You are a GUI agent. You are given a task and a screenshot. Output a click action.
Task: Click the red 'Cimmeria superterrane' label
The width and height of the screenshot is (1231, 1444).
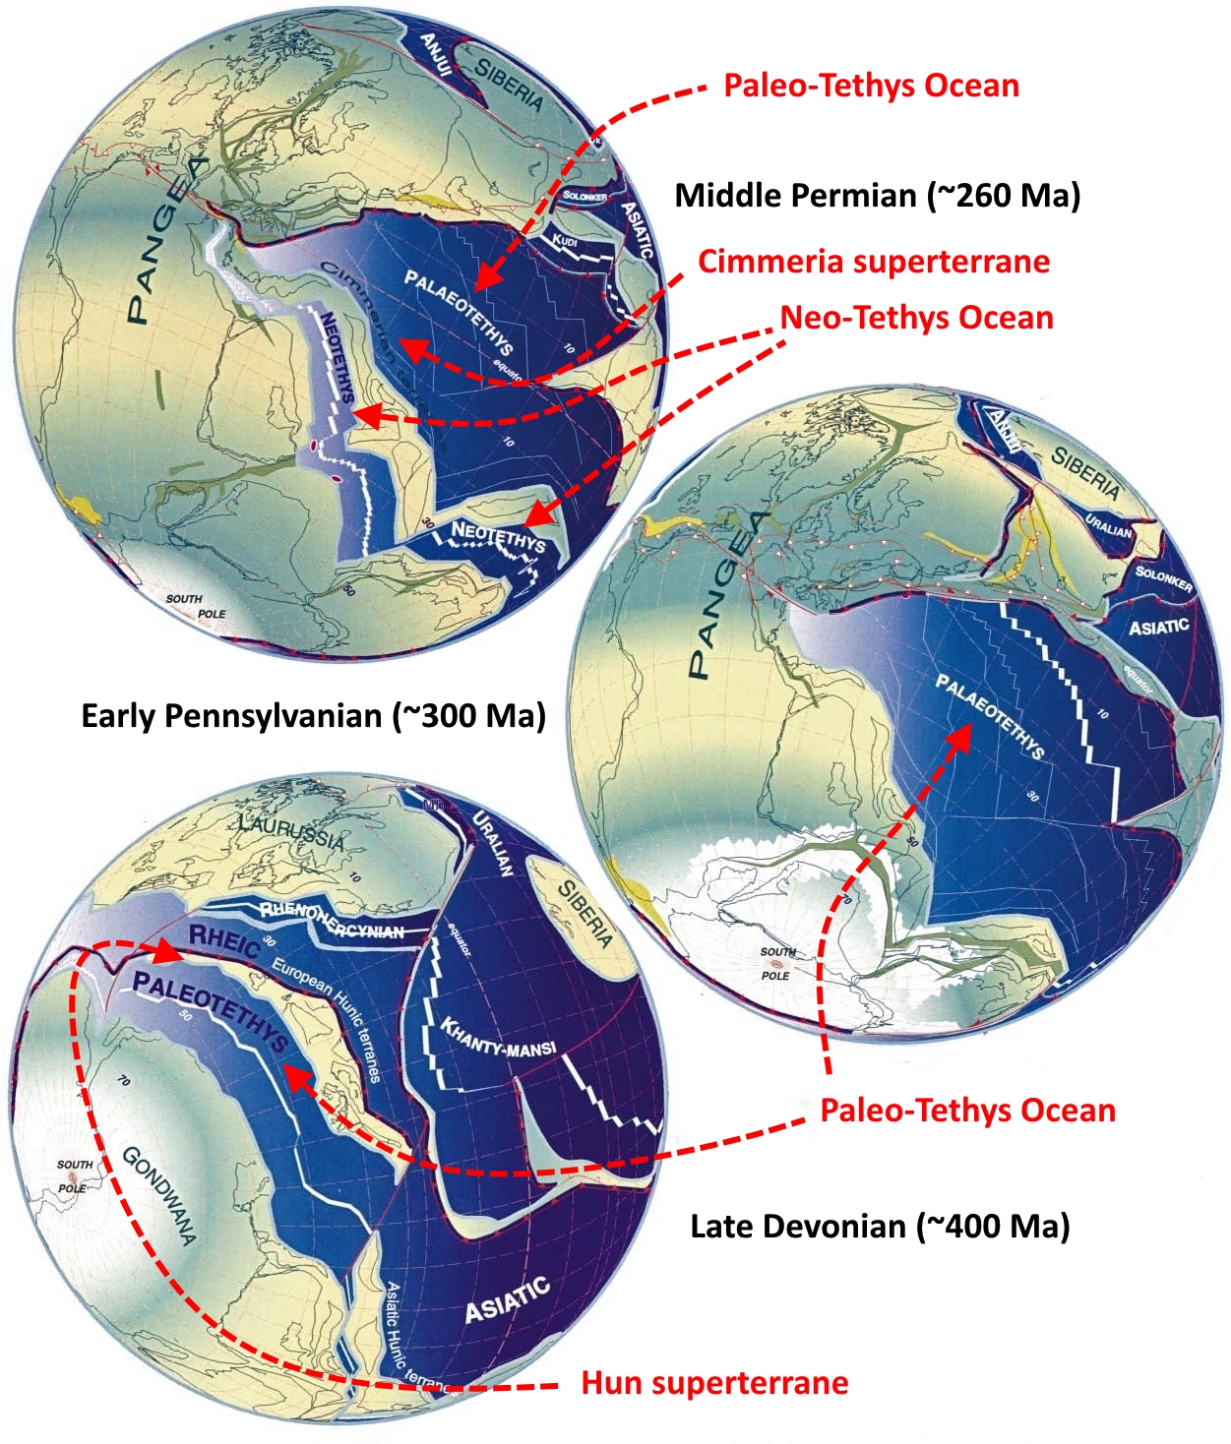pyautogui.click(x=873, y=262)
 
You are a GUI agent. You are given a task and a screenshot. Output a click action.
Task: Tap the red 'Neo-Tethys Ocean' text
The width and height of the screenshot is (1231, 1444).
pyautogui.click(x=916, y=318)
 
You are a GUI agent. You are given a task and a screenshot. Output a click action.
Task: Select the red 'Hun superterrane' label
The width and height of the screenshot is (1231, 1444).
pyautogui.click(x=714, y=1382)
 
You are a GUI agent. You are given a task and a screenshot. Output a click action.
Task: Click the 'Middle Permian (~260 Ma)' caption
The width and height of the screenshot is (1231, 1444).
pyautogui.click(x=877, y=195)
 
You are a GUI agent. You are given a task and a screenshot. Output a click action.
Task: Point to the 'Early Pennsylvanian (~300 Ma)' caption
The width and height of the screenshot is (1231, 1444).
pyautogui.click(x=313, y=715)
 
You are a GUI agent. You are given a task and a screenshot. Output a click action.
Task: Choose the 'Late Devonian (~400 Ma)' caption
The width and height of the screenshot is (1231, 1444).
pyautogui.click(x=880, y=1226)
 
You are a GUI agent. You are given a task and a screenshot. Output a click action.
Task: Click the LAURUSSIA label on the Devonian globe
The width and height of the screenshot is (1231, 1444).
pyautogui.click(x=291, y=832)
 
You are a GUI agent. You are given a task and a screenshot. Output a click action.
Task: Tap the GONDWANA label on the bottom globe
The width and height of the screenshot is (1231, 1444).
pyautogui.click(x=159, y=1195)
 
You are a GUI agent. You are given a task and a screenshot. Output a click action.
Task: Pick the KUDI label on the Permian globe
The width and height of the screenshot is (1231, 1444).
pyautogui.click(x=564, y=241)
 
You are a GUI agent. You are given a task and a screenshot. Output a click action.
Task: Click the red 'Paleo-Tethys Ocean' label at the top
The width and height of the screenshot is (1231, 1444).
pyautogui.click(x=871, y=86)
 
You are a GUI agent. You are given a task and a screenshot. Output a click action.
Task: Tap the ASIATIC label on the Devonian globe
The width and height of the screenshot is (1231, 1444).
pyautogui.click(x=507, y=1300)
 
